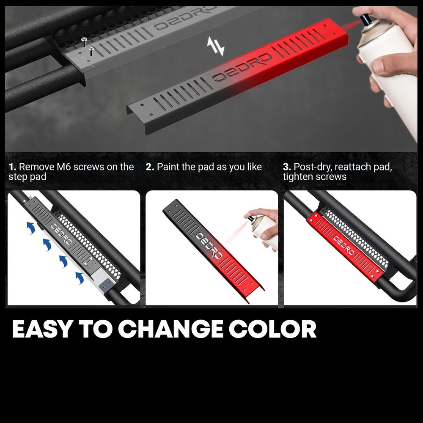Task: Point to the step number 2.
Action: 150,167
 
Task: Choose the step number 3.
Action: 287,167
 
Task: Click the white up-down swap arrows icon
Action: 216,46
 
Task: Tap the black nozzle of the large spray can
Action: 366,20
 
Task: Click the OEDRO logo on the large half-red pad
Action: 242,67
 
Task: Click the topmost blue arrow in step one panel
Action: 31,228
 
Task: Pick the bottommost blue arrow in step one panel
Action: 80,278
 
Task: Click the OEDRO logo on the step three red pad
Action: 343,245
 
